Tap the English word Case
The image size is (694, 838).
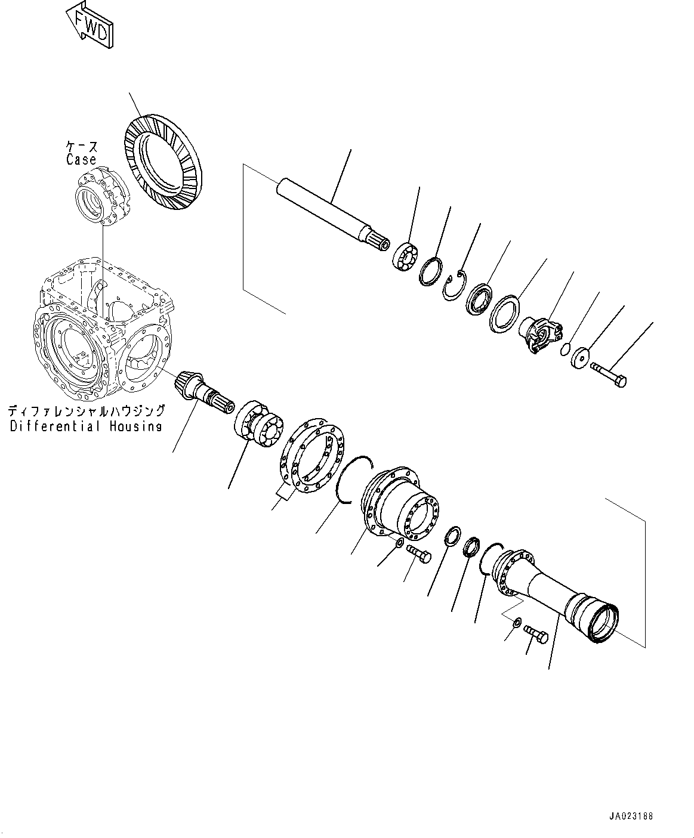pyautogui.click(x=81, y=160)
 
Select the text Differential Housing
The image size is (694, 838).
pyautogui.click(x=86, y=426)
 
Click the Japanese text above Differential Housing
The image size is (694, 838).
pyautogui.click(x=86, y=412)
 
